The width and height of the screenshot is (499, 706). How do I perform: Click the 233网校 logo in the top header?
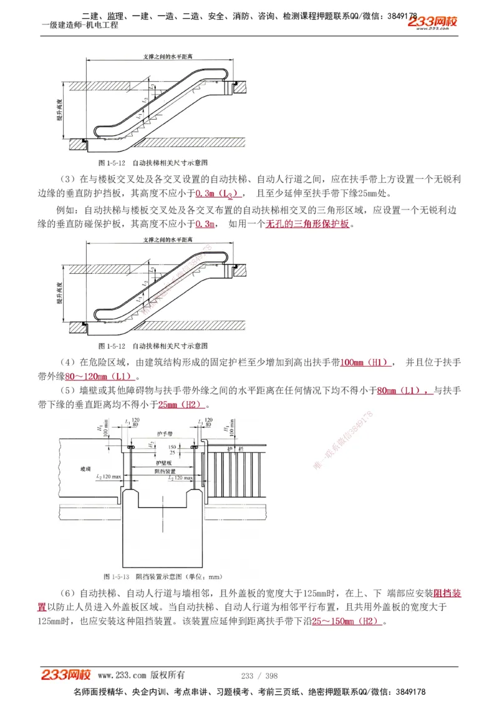coord(432,22)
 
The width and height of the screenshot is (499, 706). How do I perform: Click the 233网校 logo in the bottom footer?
coord(66,675)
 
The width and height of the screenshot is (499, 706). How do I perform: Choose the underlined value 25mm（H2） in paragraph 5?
coord(187,405)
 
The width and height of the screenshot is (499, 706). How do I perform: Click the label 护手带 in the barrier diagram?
coord(165,432)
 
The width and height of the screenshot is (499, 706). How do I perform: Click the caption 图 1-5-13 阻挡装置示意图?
coord(163,576)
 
